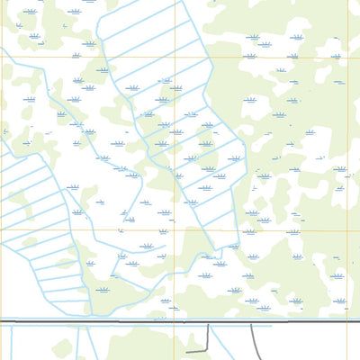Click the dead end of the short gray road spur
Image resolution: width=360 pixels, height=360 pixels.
click(x=187, y=350)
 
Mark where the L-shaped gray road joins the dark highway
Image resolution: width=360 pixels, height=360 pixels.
click(x=209, y=322)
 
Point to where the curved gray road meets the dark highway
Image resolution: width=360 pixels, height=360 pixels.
click(x=250, y=322)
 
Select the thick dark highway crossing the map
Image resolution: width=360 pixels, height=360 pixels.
click(x=108, y=321)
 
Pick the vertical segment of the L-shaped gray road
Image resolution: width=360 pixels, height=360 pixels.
click(x=209, y=335)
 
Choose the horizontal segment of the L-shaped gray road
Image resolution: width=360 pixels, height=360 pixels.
click(x=198, y=349)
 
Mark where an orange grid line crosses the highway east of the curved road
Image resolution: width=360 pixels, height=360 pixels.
click(x=346, y=322)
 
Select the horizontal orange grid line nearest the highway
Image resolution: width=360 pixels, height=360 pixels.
click(x=270, y=230)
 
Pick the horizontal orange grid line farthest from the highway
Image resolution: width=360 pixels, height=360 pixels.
click(x=270, y=58)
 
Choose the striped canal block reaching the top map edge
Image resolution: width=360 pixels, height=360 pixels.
click(x=148, y=36)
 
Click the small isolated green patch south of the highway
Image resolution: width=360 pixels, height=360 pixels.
click(x=60, y=346)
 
